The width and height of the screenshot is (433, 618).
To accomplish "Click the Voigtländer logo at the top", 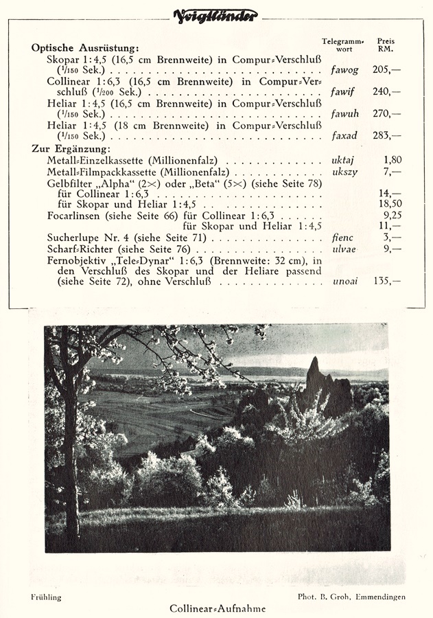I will [216, 15].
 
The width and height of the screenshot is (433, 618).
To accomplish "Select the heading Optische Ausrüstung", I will [85, 48].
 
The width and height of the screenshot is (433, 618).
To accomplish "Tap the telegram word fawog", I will [344, 70].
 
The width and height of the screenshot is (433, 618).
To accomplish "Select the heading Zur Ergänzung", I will [71, 149].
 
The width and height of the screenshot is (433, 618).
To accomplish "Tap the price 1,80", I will [393, 160].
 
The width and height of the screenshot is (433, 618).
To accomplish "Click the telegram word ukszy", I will [344, 172].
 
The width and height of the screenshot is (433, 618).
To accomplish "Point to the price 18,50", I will [390, 204].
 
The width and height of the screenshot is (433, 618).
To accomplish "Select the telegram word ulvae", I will [343, 249].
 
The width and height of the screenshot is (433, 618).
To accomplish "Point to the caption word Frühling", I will [46, 597].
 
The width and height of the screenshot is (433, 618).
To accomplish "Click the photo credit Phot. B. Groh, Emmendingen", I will [351, 597].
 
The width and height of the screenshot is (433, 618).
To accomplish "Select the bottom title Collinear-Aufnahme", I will [217, 608].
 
